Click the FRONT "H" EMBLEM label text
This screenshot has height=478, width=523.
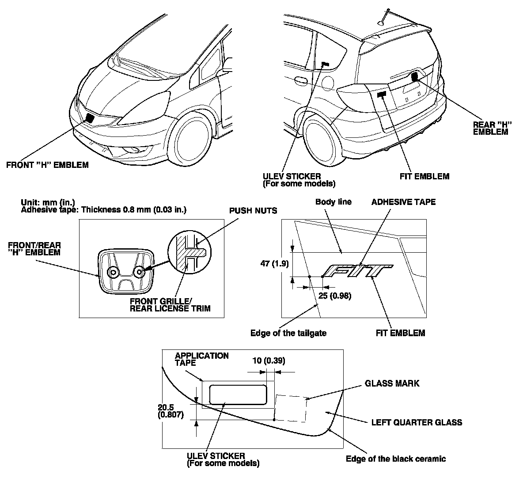click(47, 165)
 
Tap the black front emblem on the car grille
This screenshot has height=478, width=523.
click(89, 118)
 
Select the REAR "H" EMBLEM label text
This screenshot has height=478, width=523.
click(490, 128)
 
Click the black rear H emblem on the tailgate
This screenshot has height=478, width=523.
click(414, 76)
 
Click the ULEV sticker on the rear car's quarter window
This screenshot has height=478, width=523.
click(325, 64)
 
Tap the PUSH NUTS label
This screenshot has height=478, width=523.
click(253, 210)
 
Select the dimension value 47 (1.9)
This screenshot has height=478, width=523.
click(274, 264)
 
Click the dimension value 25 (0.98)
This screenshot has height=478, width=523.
click(334, 296)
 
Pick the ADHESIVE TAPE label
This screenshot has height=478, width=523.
click(403, 202)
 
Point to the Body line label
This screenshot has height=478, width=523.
click(334, 202)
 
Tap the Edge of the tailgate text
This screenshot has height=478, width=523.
click(288, 333)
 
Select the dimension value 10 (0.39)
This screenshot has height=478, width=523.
click(269, 361)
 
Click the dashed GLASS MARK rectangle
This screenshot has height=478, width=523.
click(291, 408)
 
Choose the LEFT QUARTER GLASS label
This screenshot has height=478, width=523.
click(417, 422)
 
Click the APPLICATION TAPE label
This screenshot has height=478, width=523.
click(202, 359)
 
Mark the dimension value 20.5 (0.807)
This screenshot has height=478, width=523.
click(171, 411)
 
